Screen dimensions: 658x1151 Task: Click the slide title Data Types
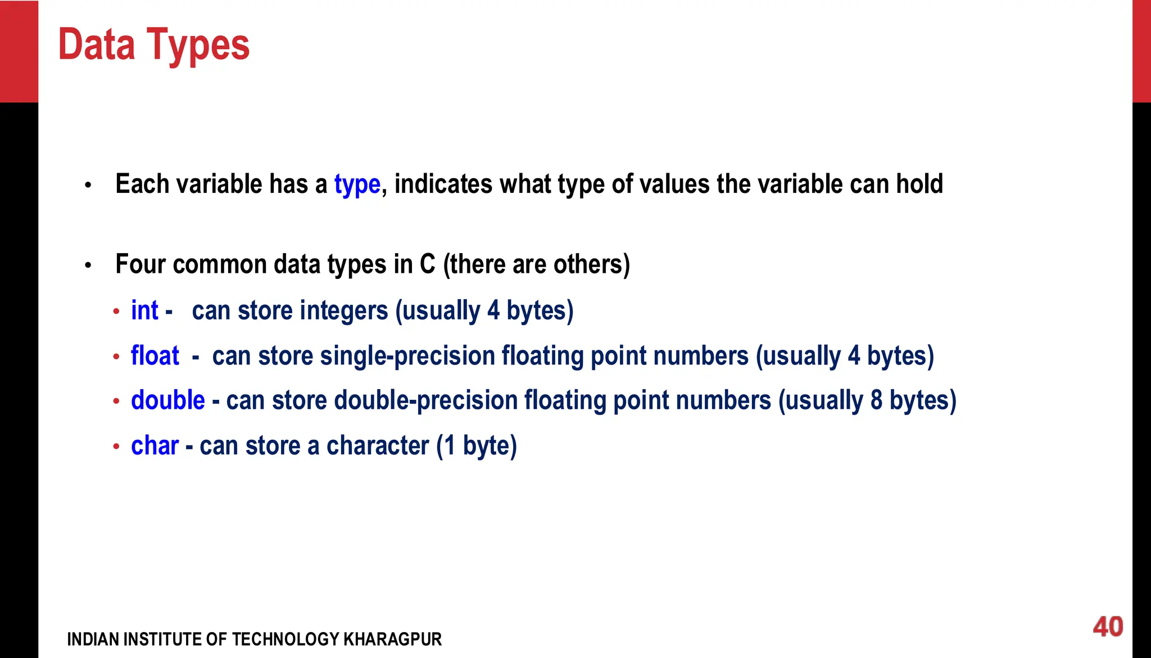[x=153, y=45]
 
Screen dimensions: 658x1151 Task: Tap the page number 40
[x=1108, y=627]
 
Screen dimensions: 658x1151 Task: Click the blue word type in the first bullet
[x=357, y=184]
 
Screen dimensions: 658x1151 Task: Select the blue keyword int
[x=144, y=310]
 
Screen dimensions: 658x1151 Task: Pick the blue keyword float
[x=155, y=355]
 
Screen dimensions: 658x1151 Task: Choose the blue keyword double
[x=167, y=400]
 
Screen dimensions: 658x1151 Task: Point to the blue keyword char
[x=155, y=446]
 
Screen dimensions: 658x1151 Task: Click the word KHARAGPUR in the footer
[x=392, y=639]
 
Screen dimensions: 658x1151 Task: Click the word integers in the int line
[x=344, y=310]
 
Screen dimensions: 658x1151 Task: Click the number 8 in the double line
[x=876, y=400]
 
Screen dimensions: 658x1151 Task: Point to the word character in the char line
[x=377, y=446]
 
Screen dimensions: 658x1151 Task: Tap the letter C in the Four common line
[x=427, y=264]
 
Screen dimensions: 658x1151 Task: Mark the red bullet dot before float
[x=116, y=357]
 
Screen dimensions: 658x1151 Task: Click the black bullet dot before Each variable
[x=88, y=185]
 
